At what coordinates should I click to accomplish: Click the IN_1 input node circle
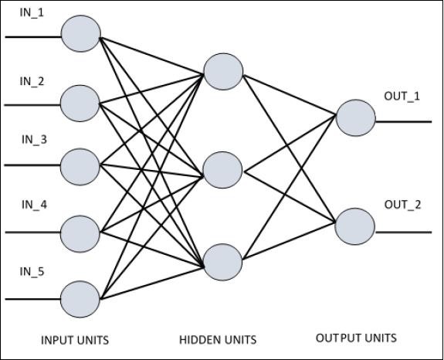tap(80, 35)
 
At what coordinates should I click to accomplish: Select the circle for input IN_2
tap(80, 102)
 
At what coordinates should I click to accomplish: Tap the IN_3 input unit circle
tap(80, 165)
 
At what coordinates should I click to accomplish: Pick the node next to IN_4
tap(80, 231)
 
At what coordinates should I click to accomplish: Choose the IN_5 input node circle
tap(80, 297)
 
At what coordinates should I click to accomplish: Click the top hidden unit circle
tap(223, 70)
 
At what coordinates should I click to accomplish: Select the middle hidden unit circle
tap(223, 170)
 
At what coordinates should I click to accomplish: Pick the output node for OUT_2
tap(356, 226)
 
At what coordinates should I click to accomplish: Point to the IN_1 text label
tap(32, 12)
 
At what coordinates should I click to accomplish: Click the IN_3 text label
tap(34, 140)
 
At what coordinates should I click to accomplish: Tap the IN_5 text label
tap(33, 271)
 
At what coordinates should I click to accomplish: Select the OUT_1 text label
tap(402, 96)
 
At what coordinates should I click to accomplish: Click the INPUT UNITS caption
tap(75, 340)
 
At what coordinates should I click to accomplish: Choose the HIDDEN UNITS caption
tap(217, 340)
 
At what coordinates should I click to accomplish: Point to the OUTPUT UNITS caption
tap(356, 338)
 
